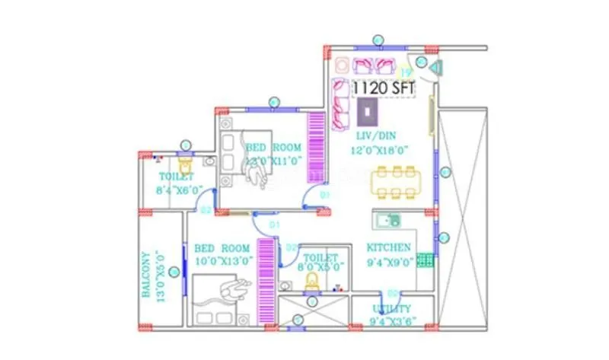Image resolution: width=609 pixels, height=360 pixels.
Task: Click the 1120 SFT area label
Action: pos(384,88)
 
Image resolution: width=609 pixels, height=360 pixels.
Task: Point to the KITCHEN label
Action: pos(389,247)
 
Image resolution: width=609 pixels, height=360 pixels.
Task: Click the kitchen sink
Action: pos(388,221)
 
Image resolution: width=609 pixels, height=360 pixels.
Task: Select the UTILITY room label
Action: pos(392,308)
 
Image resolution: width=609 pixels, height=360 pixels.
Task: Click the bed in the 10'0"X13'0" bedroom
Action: pos(222,301)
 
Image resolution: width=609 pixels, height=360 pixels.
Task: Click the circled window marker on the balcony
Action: pos(174,272)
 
